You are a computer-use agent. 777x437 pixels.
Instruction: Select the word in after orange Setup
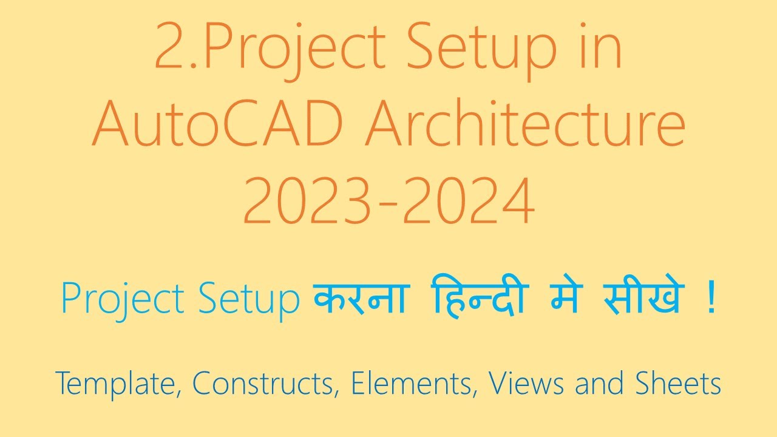[x=601, y=47]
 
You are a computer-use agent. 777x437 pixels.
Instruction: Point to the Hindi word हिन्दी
[x=479, y=299]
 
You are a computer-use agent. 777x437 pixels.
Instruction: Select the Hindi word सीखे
[x=643, y=299]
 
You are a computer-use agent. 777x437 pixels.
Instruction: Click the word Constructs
[x=265, y=384]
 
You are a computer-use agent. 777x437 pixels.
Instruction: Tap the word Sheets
[x=678, y=384]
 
